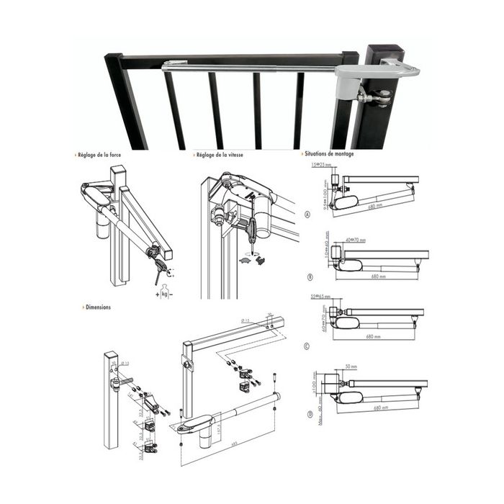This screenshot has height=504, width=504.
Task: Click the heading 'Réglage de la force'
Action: (x=104, y=155)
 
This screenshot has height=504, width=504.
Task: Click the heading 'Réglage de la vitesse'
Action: (x=223, y=155)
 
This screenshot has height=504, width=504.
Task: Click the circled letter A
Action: (x=308, y=215)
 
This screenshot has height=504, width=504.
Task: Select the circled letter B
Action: (x=308, y=276)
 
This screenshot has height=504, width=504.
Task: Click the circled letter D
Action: (x=308, y=414)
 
